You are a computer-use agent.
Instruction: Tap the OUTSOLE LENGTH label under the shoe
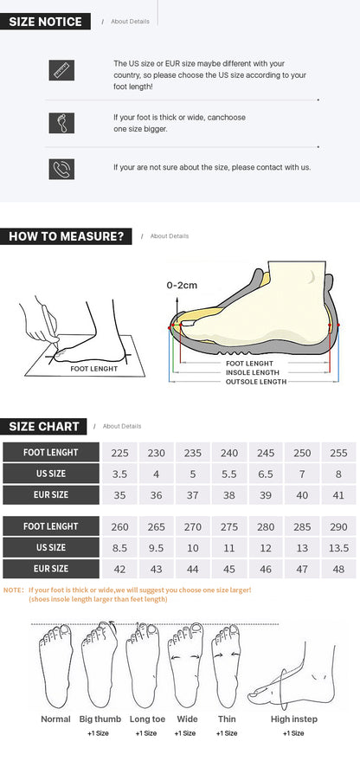click(255, 381)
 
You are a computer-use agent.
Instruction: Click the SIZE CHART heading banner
click(44, 426)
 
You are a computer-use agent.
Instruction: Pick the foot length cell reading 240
click(229, 453)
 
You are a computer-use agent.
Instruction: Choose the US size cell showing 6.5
click(265, 474)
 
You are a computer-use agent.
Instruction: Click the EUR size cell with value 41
click(338, 495)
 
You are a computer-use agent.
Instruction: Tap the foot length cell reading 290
click(338, 526)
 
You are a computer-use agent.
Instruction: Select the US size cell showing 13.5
click(338, 548)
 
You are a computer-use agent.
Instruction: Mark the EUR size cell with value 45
click(229, 569)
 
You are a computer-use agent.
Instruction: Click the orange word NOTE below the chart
click(13, 590)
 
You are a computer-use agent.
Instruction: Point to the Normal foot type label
click(56, 719)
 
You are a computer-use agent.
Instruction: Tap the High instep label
click(294, 719)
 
